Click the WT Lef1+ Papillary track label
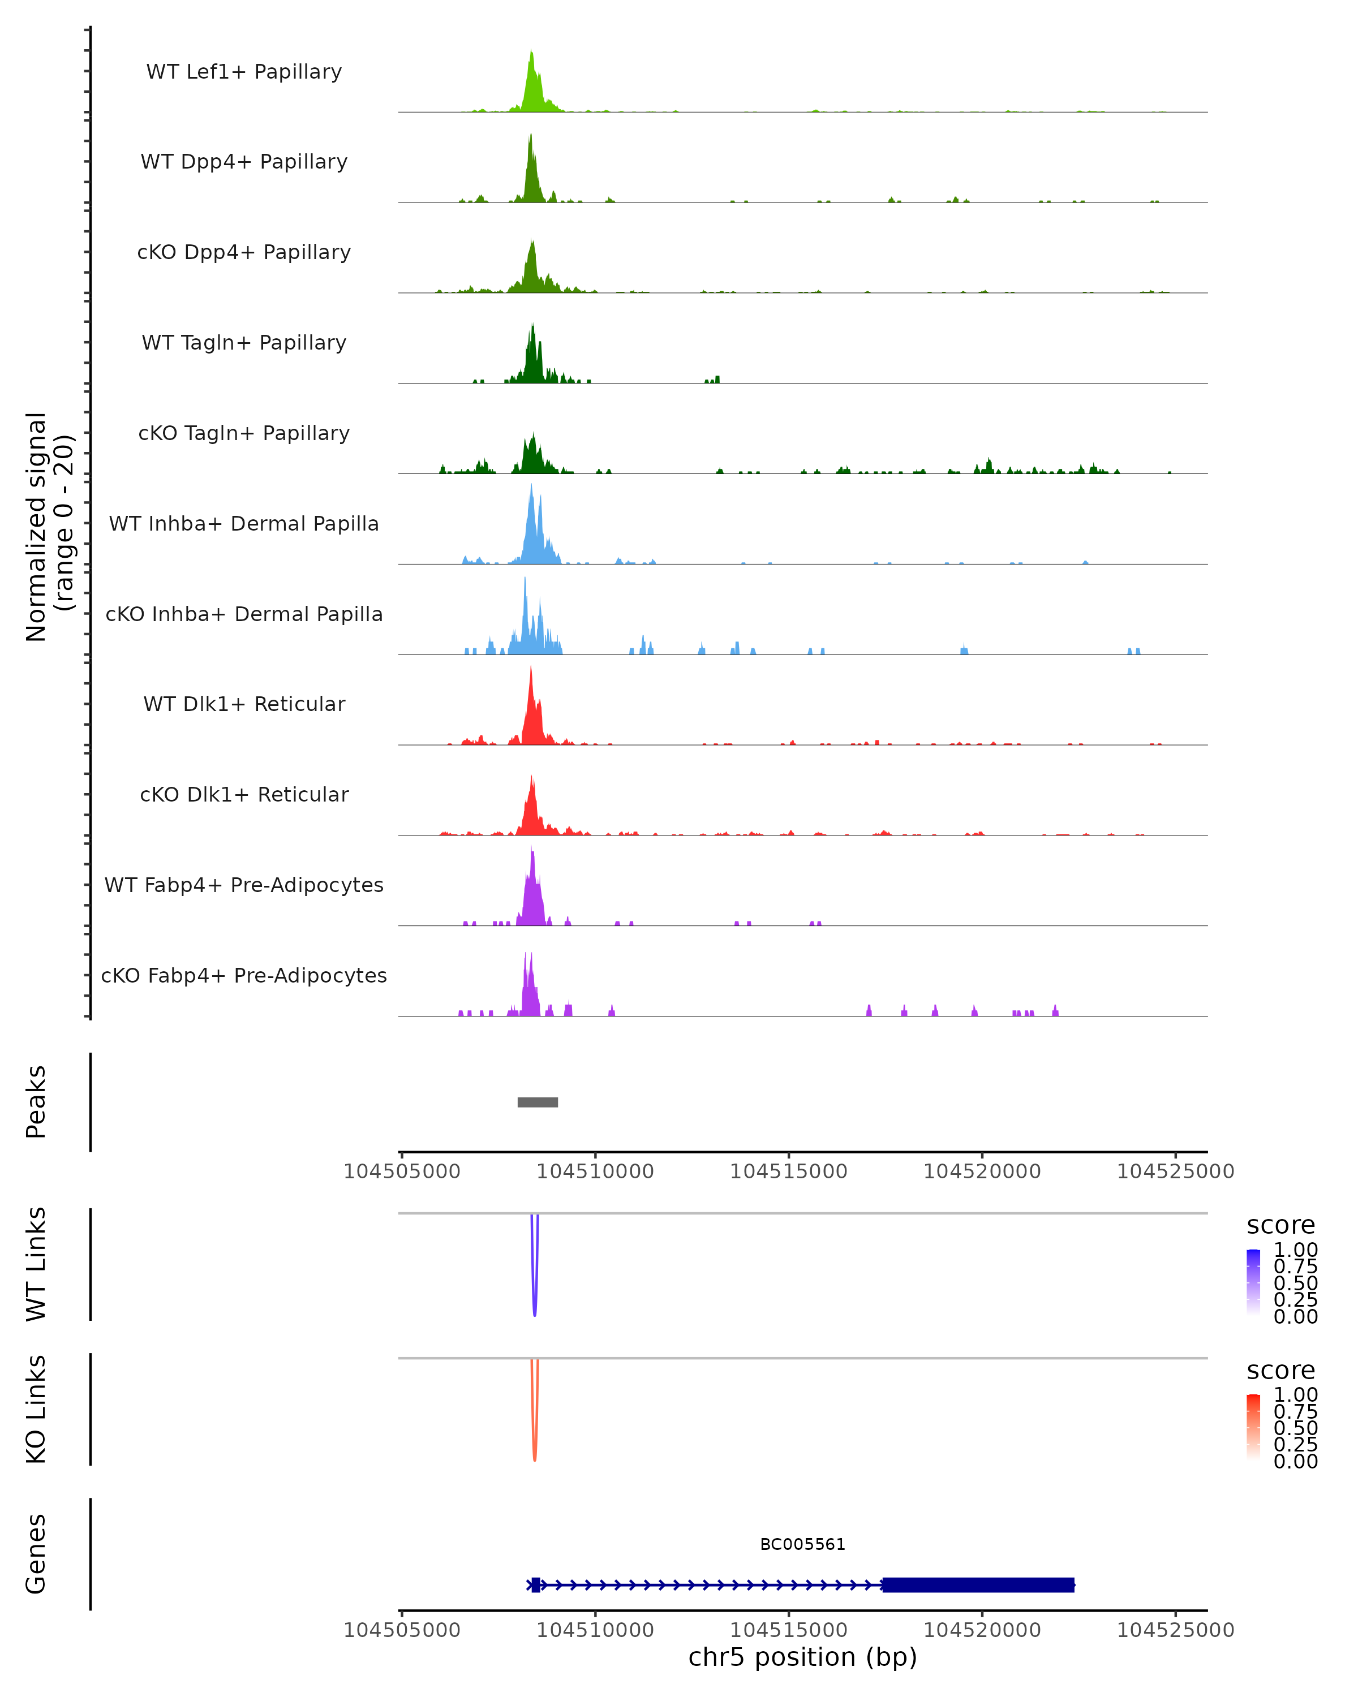pos(244,72)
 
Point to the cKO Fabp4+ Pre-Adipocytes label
pos(244,975)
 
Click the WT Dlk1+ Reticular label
pos(244,704)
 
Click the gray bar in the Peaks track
pos(538,1102)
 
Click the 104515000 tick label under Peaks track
pos(788,1171)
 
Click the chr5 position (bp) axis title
pos(802,1657)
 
